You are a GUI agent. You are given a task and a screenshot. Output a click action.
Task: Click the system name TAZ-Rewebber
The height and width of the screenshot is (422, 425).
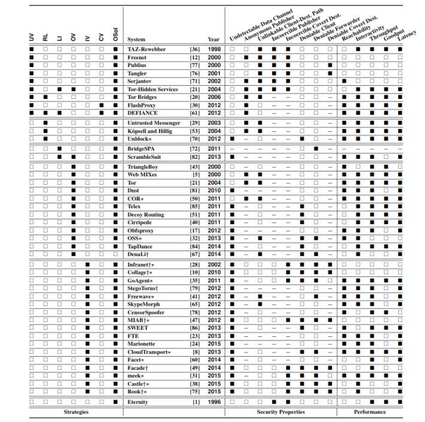coord(146,49)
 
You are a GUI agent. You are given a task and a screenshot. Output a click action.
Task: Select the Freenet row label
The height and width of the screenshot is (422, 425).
coord(137,57)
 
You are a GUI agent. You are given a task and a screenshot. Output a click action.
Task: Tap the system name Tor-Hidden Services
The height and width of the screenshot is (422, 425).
coord(153,89)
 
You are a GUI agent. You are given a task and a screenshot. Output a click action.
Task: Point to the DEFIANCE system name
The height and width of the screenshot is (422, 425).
coord(141,113)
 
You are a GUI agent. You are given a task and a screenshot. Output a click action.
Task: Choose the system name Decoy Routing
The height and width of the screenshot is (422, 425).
coord(145,214)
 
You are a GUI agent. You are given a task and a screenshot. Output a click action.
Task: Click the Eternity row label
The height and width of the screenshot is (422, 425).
coord(138,402)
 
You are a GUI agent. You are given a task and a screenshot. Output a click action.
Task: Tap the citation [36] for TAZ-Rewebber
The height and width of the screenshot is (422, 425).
coord(195,49)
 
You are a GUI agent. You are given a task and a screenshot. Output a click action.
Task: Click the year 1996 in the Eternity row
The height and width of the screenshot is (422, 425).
coord(214,402)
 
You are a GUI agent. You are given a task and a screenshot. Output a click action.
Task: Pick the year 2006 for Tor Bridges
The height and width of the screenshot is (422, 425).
coord(214,97)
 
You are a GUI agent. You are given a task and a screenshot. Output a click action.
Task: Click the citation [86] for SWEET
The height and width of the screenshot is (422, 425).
coord(195,328)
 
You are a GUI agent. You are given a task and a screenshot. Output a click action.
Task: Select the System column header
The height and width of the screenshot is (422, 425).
coord(136,40)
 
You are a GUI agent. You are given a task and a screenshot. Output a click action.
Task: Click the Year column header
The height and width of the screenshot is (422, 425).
coord(214,40)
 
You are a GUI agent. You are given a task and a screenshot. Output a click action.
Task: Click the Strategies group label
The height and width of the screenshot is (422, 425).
coord(76,412)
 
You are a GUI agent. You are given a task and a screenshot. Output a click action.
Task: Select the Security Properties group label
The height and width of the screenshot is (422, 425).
coord(281,412)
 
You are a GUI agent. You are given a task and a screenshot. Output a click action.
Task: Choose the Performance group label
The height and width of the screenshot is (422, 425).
coord(370,412)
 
